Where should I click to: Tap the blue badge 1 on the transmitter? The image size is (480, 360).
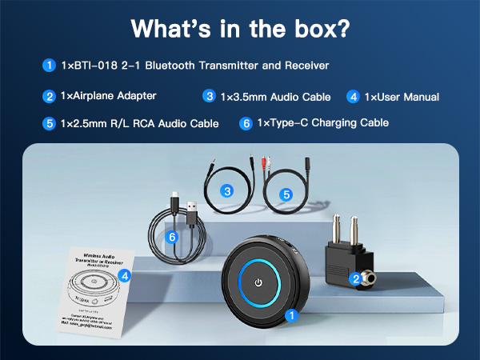(x=292, y=314)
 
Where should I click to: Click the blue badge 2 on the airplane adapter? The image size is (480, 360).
(x=354, y=278)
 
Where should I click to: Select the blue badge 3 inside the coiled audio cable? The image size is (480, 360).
(x=227, y=191)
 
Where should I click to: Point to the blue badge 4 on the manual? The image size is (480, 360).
(x=124, y=276)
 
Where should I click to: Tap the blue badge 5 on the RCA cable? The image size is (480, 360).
(x=287, y=194)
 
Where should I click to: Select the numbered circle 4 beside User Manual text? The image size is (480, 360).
(x=352, y=97)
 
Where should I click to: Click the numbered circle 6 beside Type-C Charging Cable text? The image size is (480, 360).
(x=246, y=123)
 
